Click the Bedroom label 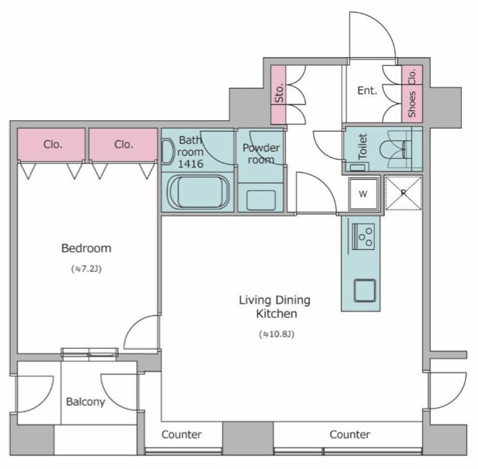coord(86,248)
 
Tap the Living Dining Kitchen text coord(275,306)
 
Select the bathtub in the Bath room coord(199,193)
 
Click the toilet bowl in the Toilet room coord(393,150)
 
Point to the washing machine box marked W coord(363,194)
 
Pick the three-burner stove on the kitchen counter coord(363,237)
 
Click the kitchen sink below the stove coord(365,291)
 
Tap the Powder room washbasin coord(261,200)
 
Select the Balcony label coord(86,402)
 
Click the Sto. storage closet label coord(279,93)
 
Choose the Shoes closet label coord(412,105)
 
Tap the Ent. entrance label coord(368,90)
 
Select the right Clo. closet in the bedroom coord(123,144)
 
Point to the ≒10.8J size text coord(277,334)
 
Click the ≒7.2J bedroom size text coord(86,269)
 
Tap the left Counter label coord(182,435)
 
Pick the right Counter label coord(350,435)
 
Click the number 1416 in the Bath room coord(191,164)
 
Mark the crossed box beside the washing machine coord(403,193)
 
